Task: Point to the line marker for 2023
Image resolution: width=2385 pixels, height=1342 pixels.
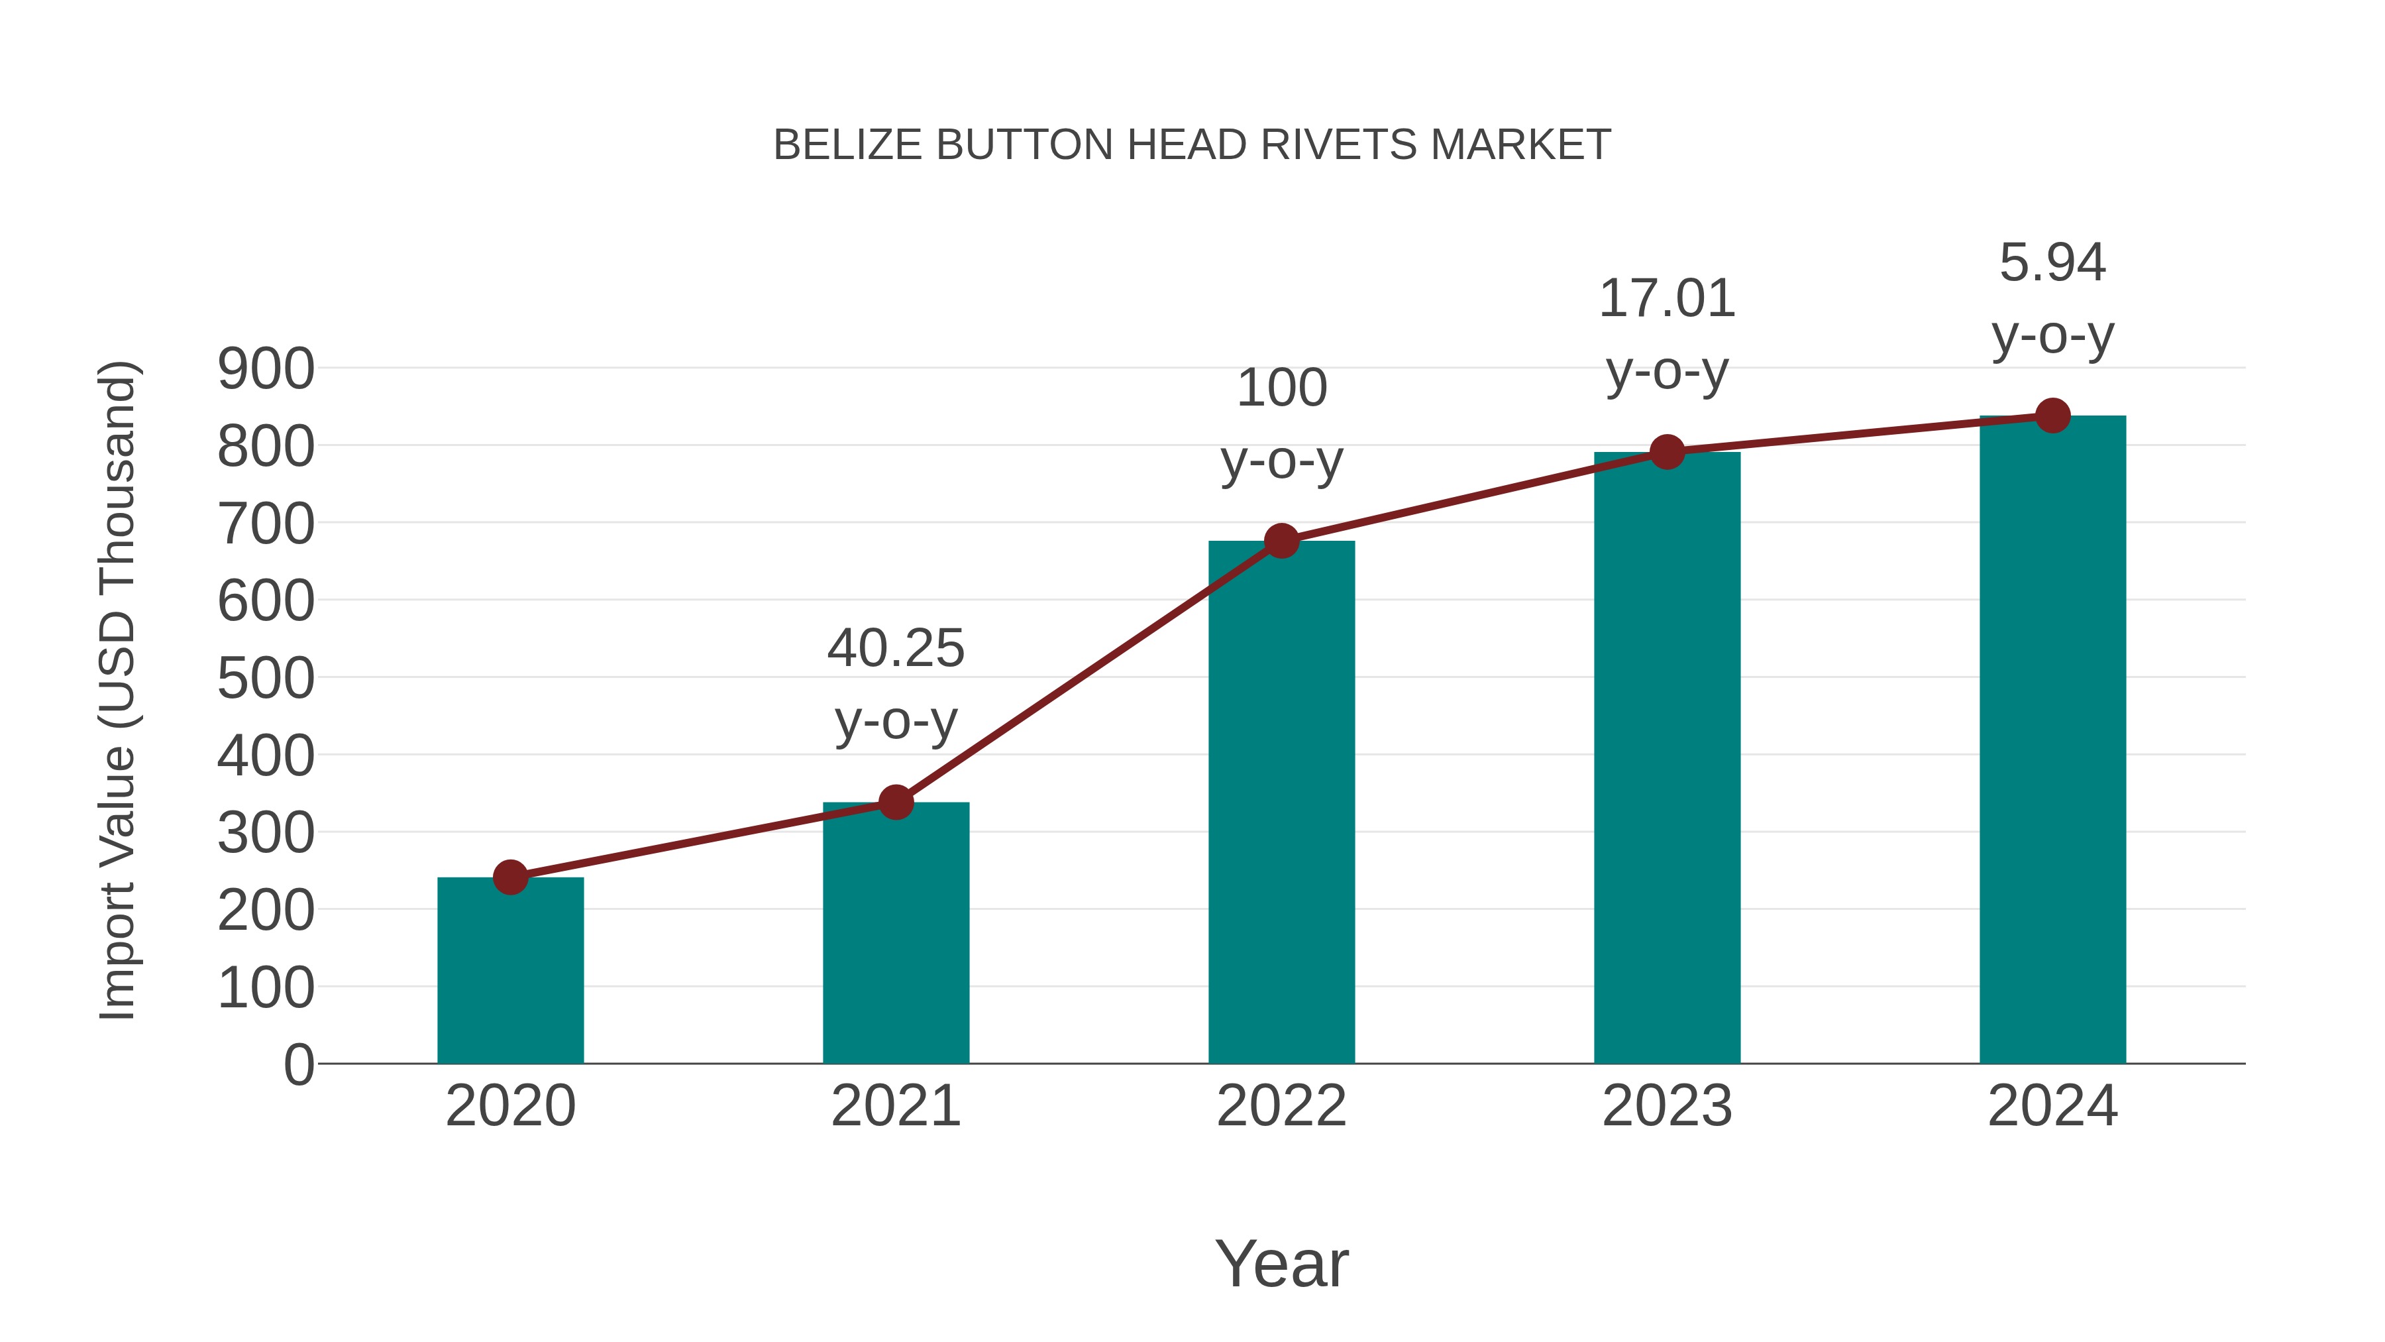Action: (1667, 452)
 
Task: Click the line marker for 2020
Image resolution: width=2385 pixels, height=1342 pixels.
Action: (510, 876)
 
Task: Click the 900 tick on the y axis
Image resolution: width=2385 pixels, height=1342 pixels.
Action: (266, 368)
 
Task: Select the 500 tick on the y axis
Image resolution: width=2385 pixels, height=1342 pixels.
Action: (266, 678)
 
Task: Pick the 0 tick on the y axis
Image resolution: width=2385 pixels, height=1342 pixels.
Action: (298, 1064)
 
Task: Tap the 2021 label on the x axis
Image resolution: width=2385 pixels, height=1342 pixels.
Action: (895, 1106)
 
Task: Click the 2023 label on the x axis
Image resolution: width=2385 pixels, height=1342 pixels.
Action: (1667, 1106)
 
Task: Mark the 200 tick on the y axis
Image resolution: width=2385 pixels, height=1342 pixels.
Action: (266, 911)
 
